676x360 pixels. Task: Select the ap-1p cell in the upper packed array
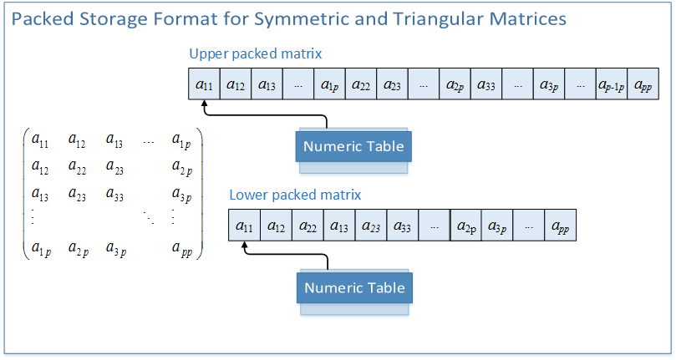pyautogui.click(x=612, y=85)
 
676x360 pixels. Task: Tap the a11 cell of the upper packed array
pyautogui.click(x=204, y=85)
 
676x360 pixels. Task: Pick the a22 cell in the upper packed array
pyautogui.click(x=361, y=85)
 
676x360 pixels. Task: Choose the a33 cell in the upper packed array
pyautogui.click(x=486, y=85)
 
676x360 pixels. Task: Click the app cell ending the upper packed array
pyautogui.click(x=643, y=85)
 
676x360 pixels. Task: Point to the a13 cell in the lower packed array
pyautogui.click(x=339, y=226)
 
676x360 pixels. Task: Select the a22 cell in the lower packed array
pyautogui.click(x=308, y=226)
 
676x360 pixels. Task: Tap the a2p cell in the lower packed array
pyautogui.click(x=465, y=226)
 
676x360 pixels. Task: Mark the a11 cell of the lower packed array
pyautogui.click(x=244, y=226)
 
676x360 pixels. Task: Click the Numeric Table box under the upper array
pyautogui.click(x=353, y=147)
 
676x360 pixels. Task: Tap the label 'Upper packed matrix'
pyautogui.click(x=256, y=54)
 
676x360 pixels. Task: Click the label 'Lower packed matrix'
pyautogui.click(x=295, y=195)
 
